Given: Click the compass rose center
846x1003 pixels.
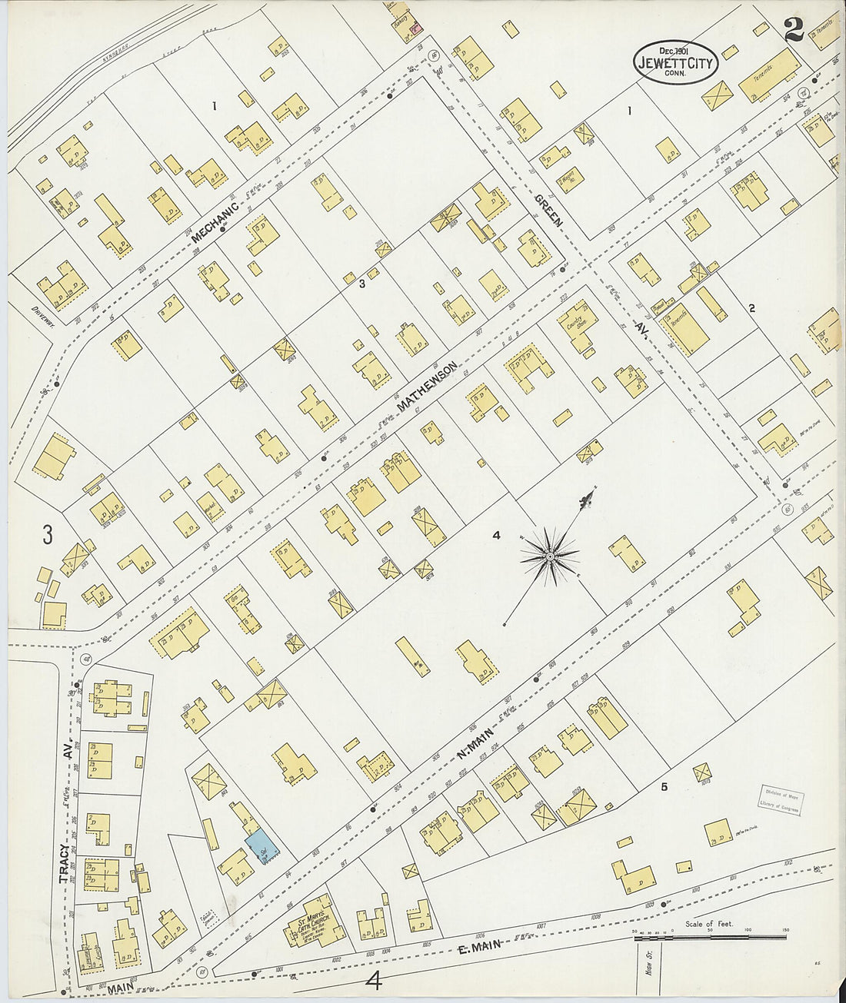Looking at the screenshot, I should pyautogui.click(x=551, y=555).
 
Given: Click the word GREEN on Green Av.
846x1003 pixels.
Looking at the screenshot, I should pyautogui.click(x=548, y=209).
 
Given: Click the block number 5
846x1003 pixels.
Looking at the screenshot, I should pyautogui.click(x=664, y=786).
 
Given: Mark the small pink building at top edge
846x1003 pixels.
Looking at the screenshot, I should pyautogui.click(x=416, y=28).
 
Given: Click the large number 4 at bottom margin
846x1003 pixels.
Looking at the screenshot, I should pyautogui.click(x=375, y=980).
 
